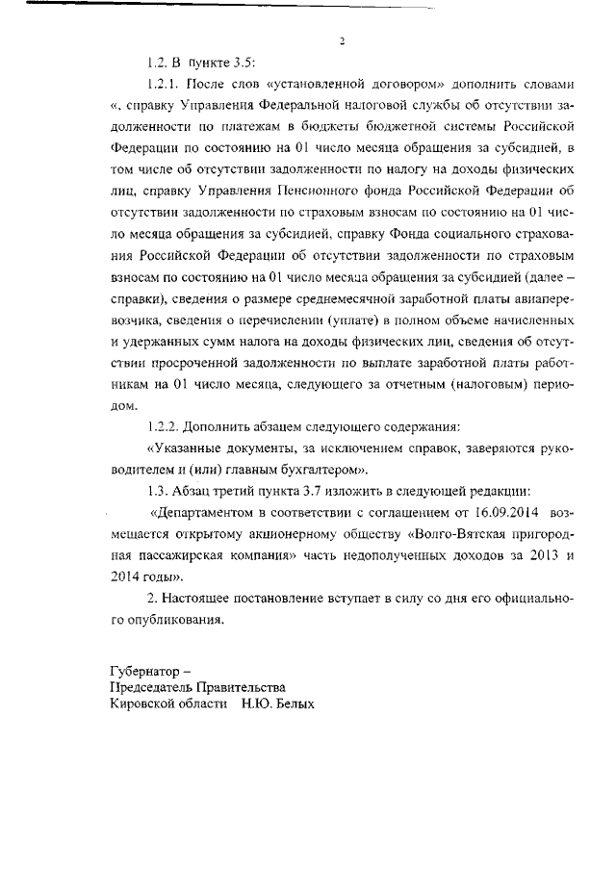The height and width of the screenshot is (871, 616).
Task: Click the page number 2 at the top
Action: tap(342, 41)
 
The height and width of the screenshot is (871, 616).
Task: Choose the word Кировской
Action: tap(146, 704)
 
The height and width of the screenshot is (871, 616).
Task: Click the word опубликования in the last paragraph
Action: tap(180, 620)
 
